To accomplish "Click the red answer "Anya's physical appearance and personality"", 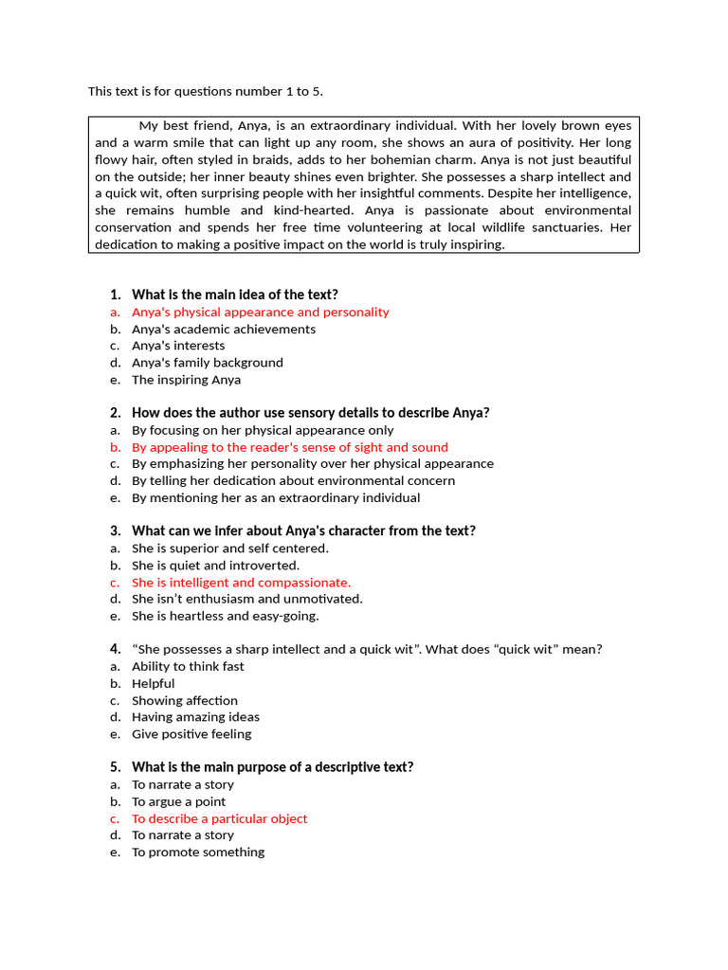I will click(260, 312).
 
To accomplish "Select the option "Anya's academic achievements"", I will click(224, 329).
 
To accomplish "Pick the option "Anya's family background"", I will click(207, 362).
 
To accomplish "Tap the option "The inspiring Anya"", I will click(186, 379).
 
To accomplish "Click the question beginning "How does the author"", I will click(310, 412).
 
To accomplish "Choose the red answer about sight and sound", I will click(289, 447).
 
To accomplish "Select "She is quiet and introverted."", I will click(215, 566).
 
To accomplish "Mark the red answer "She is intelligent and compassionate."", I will click(241, 583).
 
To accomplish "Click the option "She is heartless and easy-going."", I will click(225, 616).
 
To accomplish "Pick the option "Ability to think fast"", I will click(188, 666).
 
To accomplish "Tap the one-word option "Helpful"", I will click(153, 683).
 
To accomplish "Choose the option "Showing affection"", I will click(185, 700).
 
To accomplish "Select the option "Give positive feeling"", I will click(191, 733).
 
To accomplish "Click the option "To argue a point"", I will click(178, 801).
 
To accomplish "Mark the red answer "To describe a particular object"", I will click(219, 818).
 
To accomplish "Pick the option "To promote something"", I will click(198, 852).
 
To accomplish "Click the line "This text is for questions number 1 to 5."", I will click(212, 91).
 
